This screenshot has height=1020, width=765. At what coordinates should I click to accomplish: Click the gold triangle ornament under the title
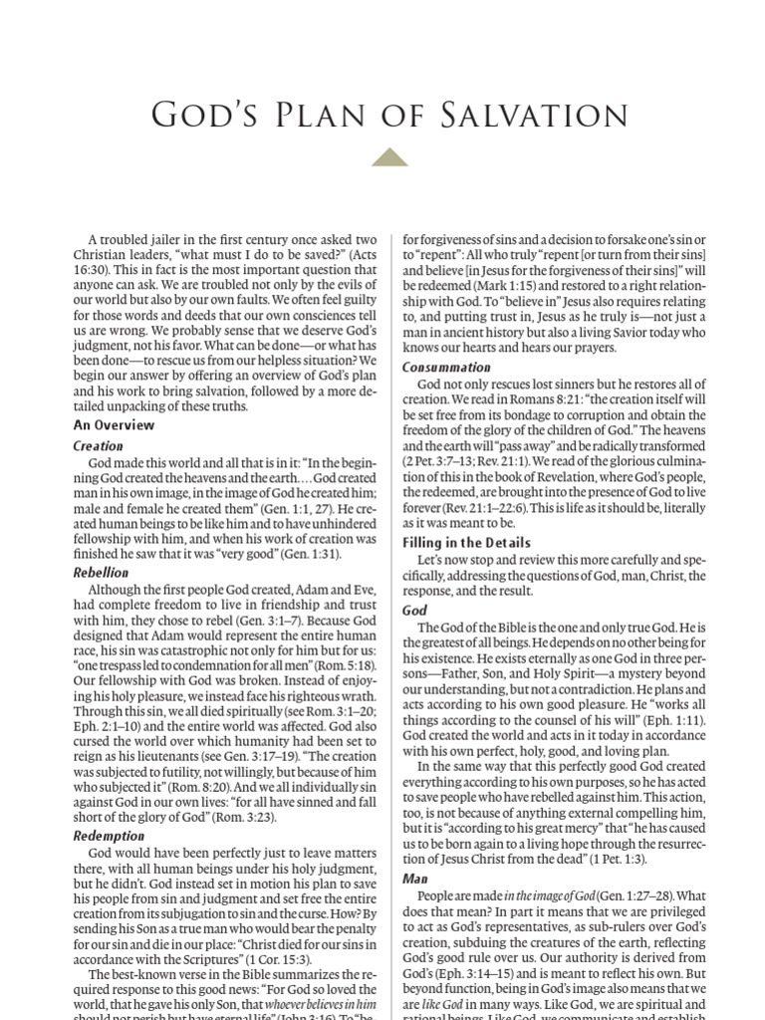click(x=389, y=157)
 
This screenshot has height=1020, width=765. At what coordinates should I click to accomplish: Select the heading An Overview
click(x=114, y=424)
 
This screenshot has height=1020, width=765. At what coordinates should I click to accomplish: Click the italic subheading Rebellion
click(x=102, y=572)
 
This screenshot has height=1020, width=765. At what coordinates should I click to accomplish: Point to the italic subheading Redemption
click(x=109, y=836)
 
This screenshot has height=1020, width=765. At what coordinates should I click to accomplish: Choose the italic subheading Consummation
click(x=446, y=367)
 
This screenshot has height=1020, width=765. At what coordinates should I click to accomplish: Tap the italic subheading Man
click(x=414, y=879)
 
